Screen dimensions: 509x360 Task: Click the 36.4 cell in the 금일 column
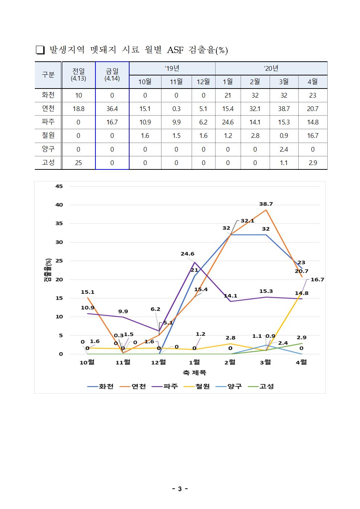tap(112, 109)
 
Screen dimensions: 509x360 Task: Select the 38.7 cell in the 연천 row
tap(284, 109)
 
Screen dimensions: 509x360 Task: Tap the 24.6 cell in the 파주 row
tap(228, 122)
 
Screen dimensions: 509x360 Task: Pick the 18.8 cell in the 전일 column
tap(78, 109)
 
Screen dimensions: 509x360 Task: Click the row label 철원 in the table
tap(48, 136)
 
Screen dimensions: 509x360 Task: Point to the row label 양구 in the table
tap(48, 149)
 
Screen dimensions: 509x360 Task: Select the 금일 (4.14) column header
tap(112, 75)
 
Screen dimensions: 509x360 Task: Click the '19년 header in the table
tap(172, 69)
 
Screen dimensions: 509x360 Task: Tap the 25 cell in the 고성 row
tap(78, 163)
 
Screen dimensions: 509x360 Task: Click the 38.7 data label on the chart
tap(266, 204)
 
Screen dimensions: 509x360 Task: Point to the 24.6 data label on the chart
tap(188, 254)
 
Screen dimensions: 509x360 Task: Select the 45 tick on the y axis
tap(59, 186)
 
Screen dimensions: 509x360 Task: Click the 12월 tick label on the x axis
tap(159, 362)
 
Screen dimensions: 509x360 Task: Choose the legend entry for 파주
tap(166, 386)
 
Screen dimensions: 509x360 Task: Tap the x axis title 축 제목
tap(194, 373)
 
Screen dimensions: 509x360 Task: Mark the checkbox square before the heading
tap(40, 50)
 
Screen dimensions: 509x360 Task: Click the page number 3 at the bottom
tap(180, 489)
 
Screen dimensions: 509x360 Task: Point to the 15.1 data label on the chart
tap(87, 292)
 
